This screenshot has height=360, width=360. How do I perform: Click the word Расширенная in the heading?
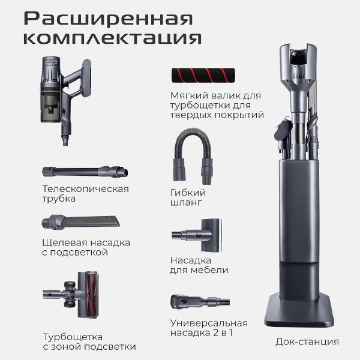pyautogui.click(x=108, y=18)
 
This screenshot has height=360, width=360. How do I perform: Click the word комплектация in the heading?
pyautogui.click(x=112, y=38)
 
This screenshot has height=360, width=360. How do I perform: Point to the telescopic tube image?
pyautogui.click(x=84, y=172)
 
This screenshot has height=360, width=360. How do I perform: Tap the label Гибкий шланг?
pyautogui.click(x=188, y=197)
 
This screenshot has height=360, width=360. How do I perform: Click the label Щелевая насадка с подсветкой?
pyautogui.click(x=86, y=247)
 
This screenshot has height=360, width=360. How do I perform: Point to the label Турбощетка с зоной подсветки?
pyautogui.click(x=89, y=341)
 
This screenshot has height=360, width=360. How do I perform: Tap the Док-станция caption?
pyautogui.click(x=307, y=341)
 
